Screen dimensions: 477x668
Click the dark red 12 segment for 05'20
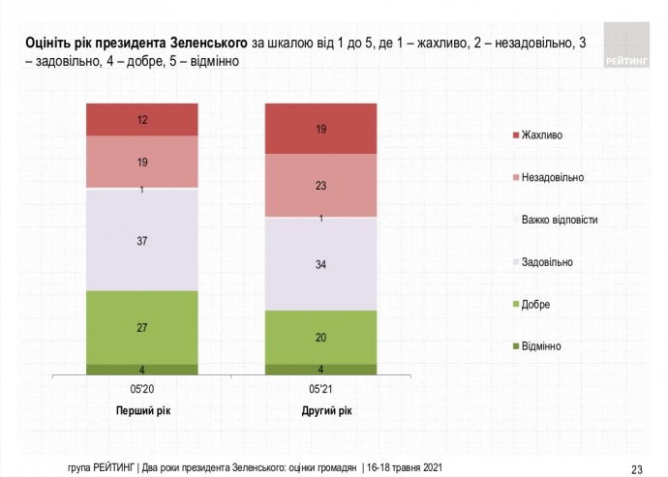[141, 119]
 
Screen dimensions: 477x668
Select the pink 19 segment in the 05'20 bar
[141, 162]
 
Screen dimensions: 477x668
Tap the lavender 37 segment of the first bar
[141, 241]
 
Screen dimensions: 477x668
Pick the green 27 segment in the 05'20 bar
[141, 327]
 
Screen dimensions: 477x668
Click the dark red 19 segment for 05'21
[320, 128]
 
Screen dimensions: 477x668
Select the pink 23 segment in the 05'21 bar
[320, 186]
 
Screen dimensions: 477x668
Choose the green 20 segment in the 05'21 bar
[320, 337]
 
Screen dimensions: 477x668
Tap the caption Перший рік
[141, 410]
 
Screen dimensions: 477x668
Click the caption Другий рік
[320, 410]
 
